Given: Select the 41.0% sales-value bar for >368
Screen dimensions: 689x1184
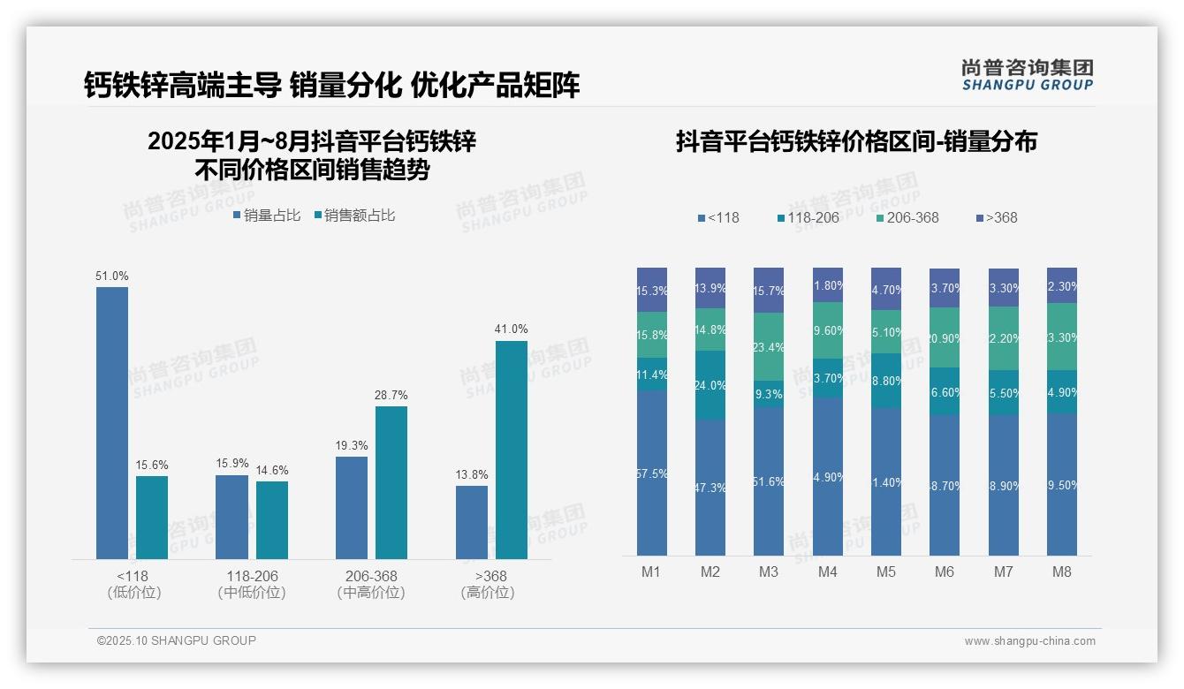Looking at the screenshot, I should coord(512,450).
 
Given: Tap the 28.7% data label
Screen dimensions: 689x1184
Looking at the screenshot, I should coord(391,395).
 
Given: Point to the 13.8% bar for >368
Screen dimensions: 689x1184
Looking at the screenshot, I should coord(472,522).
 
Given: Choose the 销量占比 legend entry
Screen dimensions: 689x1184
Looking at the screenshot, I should coord(267,215).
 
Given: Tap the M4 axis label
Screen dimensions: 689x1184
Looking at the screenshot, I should coord(827,572).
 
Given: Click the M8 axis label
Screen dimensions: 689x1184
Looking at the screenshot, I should coord(1062,572).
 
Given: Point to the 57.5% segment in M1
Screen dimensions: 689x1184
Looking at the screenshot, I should coord(651,473).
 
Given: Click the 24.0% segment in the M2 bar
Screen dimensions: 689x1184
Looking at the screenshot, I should coord(710,385).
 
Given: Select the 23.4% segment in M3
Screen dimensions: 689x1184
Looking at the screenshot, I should coord(769,347).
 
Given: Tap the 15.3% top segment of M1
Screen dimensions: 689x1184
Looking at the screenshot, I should coord(651,290).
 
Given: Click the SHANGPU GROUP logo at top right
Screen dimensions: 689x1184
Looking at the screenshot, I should coord(1027,75).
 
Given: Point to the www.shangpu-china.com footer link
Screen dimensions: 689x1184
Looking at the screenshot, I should coord(1029,641).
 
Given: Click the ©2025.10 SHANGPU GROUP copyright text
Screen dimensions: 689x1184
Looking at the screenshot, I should coord(177,640).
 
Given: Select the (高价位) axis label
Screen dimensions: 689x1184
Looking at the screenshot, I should coord(487,593).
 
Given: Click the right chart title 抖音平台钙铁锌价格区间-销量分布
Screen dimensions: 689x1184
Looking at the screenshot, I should coord(856,141).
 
